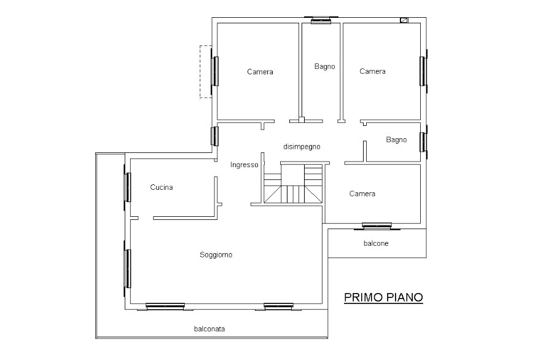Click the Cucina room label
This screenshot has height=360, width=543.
(x=162, y=187)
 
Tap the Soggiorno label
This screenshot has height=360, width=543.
(x=216, y=255)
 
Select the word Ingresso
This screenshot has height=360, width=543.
(x=244, y=165)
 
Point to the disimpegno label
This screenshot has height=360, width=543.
(x=302, y=147)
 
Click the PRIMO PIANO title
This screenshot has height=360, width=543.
(x=383, y=297)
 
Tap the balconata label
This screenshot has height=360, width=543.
(x=209, y=329)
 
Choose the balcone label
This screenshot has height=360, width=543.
(x=376, y=243)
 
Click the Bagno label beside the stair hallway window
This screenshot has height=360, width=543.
(x=396, y=139)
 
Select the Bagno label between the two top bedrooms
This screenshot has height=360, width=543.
(x=324, y=66)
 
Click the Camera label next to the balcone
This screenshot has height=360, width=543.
(x=362, y=194)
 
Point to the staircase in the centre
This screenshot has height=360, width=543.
(x=293, y=184)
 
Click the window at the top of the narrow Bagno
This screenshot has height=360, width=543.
(x=321, y=20)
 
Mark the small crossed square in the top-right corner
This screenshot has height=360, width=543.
(x=404, y=20)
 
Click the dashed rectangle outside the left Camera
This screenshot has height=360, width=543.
(x=205, y=72)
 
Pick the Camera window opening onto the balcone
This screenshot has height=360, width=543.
(x=377, y=226)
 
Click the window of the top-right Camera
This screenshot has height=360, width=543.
(x=423, y=71)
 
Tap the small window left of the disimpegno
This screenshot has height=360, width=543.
(x=215, y=136)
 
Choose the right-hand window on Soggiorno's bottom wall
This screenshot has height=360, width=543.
(x=278, y=307)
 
